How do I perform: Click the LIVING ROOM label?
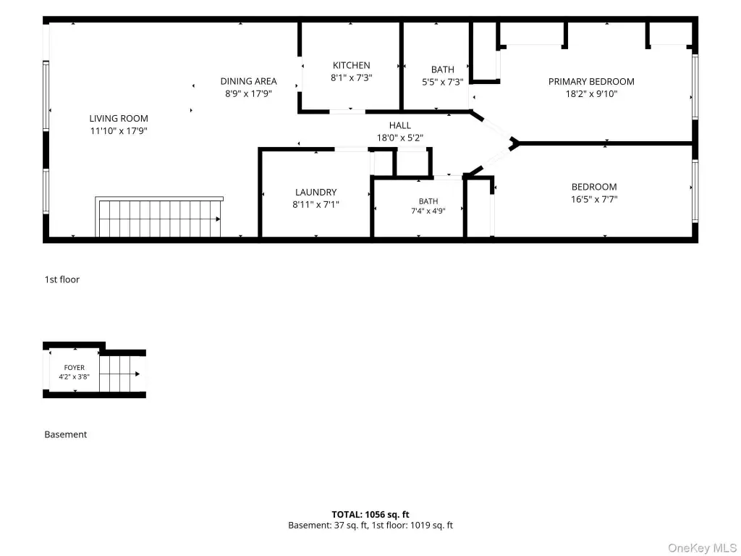tap(119, 118)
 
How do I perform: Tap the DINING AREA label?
tap(249, 81)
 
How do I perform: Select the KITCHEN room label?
tap(352, 65)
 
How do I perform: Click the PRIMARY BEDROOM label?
tap(591, 81)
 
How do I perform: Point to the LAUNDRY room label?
tap(316, 192)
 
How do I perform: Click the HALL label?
tap(399, 125)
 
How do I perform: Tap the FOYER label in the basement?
tap(75, 367)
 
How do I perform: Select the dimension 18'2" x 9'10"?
tap(591, 93)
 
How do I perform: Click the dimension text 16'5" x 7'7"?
tap(594, 199)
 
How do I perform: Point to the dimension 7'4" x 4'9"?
tap(428, 211)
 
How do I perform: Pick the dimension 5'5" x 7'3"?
tap(442, 82)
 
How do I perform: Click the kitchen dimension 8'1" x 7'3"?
tap(351, 77)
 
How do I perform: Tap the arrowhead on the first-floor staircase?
tap(218, 219)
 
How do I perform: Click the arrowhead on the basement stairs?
tap(137, 374)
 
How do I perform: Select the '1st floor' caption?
tap(62, 279)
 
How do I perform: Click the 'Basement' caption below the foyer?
tap(66, 434)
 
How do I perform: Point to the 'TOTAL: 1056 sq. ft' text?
tap(370, 515)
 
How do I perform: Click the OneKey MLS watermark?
tap(702, 548)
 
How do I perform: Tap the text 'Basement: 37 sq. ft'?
tap(328, 526)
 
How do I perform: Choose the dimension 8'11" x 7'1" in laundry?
tap(316, 204)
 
